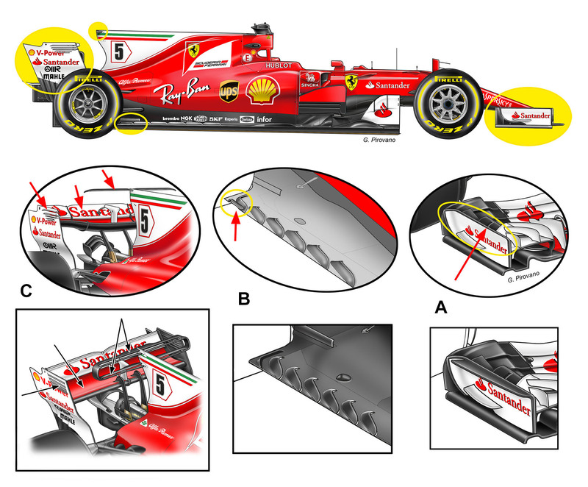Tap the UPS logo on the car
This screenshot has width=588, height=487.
click(x=229, y=91)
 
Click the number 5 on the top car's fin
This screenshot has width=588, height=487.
click(x=119, y=52)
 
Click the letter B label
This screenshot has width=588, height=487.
click(x=245, y=300)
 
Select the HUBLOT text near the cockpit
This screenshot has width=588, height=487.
click(x=279, y=65)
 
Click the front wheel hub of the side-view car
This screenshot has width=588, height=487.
click(x=443, y=104)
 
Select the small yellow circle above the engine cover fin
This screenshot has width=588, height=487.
click(x=98, y=30)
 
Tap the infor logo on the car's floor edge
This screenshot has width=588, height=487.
click(x=264, y=119)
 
